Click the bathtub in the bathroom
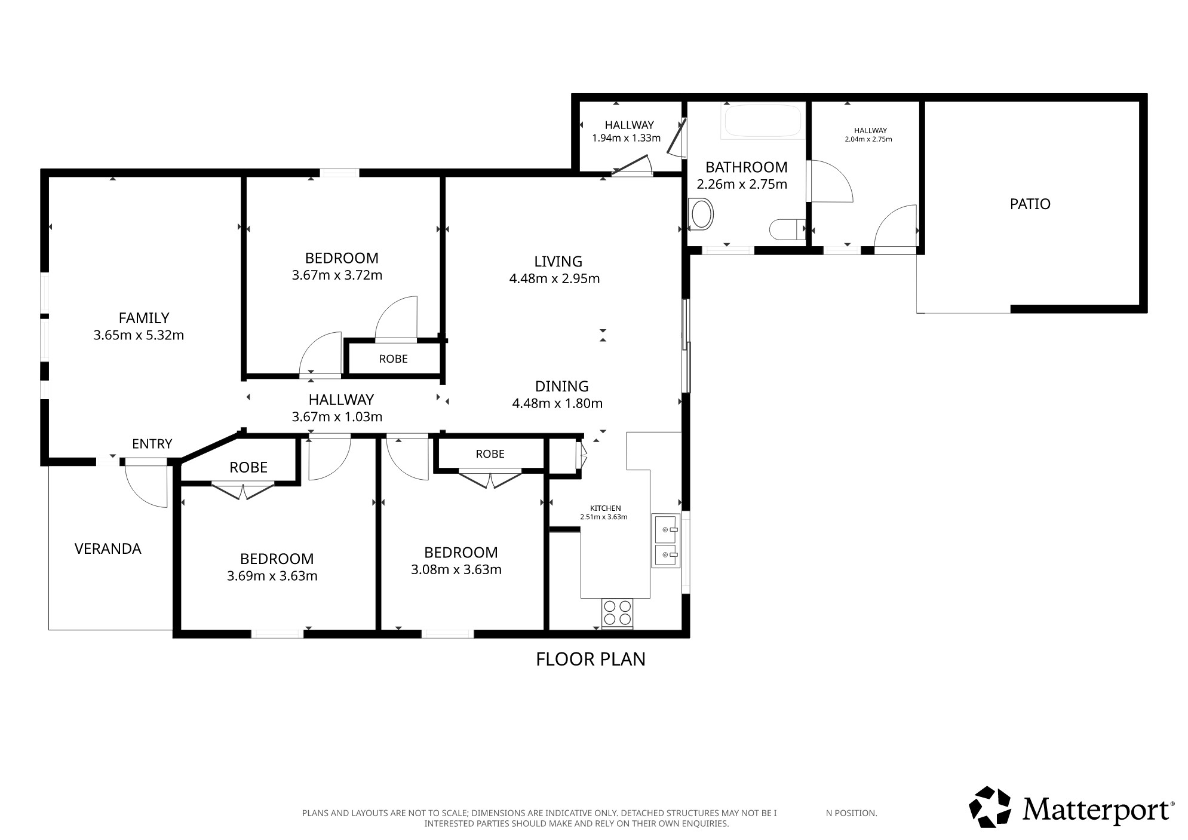pos(762,122)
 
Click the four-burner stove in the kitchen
pos(618,613)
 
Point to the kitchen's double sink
pos(666,540)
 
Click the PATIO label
pos(1030,204)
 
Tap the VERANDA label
pos(108,548)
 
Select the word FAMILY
pos(144,318)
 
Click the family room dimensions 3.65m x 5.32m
pos(139,335)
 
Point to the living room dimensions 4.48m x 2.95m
pos(554,278)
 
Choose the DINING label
pos(561,386)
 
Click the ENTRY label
pos(152,444)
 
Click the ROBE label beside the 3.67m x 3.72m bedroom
pos(394,358)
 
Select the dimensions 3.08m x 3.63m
pos(456,570)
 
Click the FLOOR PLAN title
pos(591,659)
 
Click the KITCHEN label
pos(606,508)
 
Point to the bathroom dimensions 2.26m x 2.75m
pos(742,184)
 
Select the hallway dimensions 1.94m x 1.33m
pos(626,138)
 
